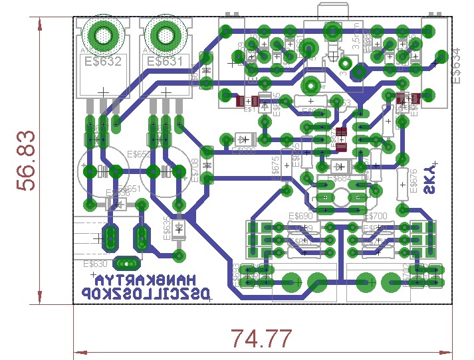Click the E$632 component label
point(102,62)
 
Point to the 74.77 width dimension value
point(261,339)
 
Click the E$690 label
point(300,217)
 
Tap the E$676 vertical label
point(414,181)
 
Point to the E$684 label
point(340,179)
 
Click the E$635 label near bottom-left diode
point(167,229)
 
